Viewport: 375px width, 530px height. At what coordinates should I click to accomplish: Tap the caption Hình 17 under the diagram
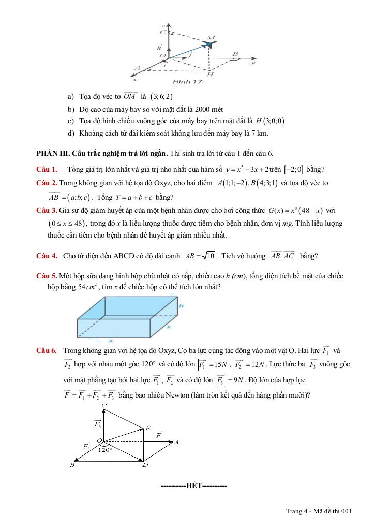click(x=187, y=82)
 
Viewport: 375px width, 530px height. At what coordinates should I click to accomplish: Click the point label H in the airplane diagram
click(x=211, y=74)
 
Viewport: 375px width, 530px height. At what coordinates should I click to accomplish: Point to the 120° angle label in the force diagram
click(x=106, y=449)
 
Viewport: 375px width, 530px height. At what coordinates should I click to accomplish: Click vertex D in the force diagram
click(x=145, y=465)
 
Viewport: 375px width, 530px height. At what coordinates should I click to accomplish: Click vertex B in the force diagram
click(x=72, y=465)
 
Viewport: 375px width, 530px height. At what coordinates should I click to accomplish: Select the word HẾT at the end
click(x=194, y=485)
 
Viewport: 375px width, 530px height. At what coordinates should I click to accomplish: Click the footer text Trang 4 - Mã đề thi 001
click(x=319, y=511)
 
